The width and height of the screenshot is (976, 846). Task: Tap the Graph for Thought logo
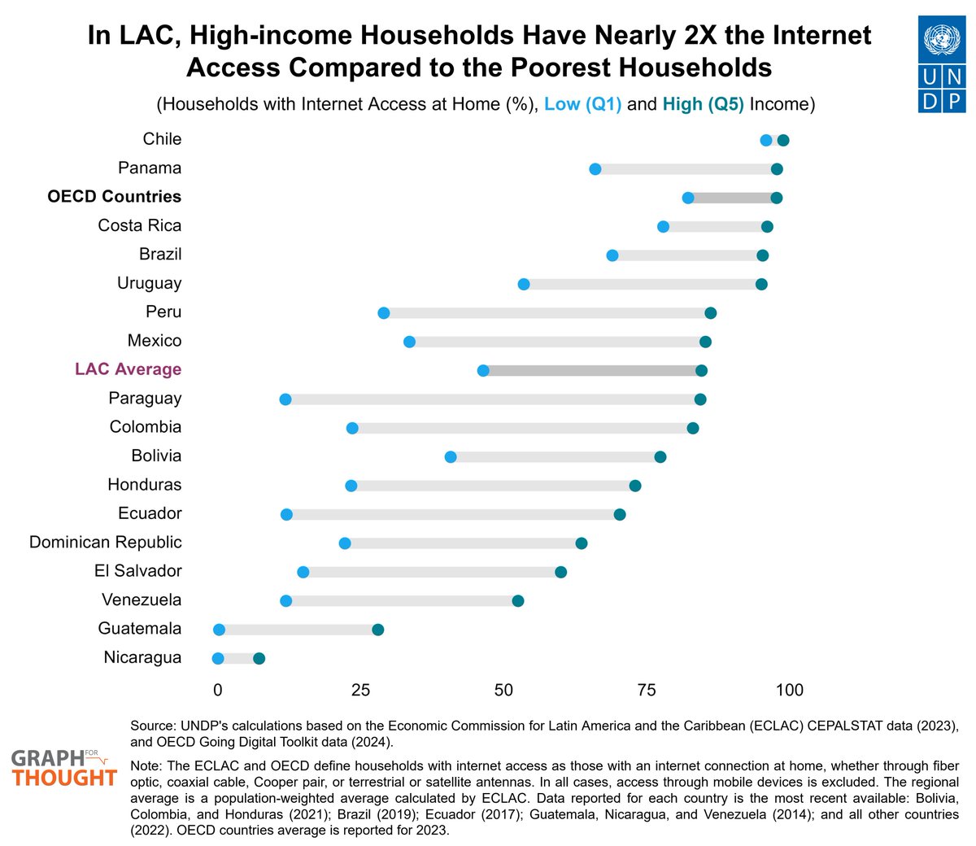(x=63, y=768)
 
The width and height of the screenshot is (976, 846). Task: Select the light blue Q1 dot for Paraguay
(x=285, y=399)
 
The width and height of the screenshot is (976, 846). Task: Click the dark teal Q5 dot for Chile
(x=783, y=141)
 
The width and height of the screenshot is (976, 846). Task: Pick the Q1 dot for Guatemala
(x=219, y=630)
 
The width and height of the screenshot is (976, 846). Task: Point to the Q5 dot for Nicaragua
(x=259, y=659)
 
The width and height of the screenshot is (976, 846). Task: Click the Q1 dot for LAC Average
(x=483, y=371)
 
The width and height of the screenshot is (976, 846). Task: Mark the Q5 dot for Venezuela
(x=518, y=601)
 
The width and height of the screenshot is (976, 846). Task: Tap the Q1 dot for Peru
(x=384, y=313)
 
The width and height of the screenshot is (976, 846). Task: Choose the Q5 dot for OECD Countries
(x=777, y=198)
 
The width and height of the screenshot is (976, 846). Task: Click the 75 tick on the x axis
(x=646, y=691)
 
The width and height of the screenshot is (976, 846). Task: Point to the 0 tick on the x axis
(x=217, y=691)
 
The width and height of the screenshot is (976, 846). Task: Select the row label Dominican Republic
(x=106, y=543)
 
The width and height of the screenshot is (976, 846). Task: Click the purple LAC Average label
(x=128, y=369)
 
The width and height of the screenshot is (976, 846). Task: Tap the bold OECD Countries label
(x=115, y=197)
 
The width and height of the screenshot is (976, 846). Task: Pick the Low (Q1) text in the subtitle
(x=582, y=104)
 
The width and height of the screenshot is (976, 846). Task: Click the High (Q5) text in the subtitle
(x=703, y=104)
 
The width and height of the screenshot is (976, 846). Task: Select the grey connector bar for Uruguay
(x=643, y=285)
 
